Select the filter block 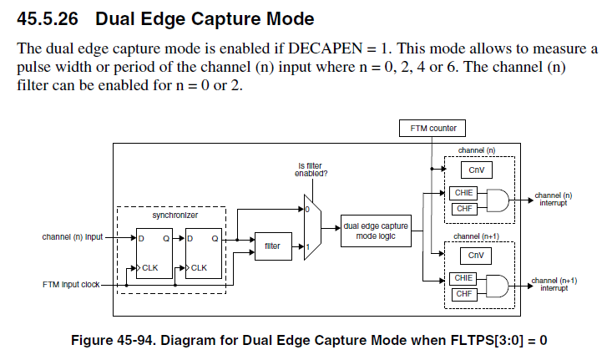pos(272,246)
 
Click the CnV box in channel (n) pos(475,171)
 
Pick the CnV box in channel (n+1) pos(475,256)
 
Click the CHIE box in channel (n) pos(463,192)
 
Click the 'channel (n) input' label pos(73,236)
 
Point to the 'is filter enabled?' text pos(310,170)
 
